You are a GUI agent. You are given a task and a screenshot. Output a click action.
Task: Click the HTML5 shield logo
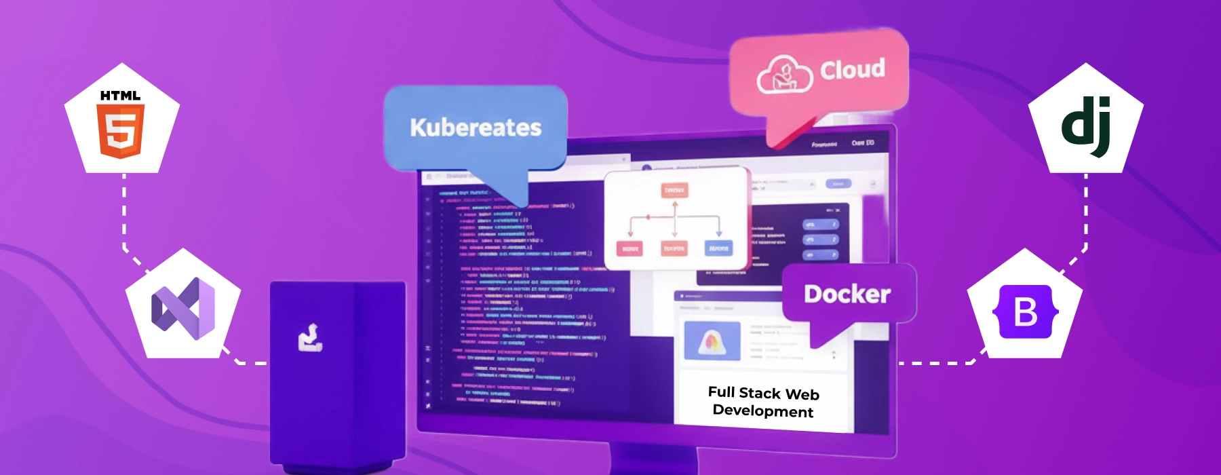[x=121, y=132]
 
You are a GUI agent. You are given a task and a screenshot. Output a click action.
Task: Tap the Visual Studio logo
[x=183, y=309]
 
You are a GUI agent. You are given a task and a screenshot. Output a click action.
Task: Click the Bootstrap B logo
[x=1025, y=312]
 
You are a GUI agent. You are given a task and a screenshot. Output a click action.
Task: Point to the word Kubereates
[x=476, y=128]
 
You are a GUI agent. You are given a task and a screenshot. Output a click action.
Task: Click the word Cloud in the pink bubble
[x=853, y=69]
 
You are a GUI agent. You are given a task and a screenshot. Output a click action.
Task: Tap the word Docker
[x=847, y=294]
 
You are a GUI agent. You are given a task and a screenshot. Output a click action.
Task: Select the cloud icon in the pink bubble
[x=784, y=75]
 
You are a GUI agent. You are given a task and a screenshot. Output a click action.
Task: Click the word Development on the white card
[x=763, y=411]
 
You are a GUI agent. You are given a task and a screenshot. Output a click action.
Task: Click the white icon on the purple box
[x=310, y=338]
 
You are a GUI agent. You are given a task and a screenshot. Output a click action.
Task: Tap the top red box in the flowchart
[x=674, y=190]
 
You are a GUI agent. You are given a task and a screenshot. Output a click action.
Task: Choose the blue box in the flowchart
[x=718, y=248]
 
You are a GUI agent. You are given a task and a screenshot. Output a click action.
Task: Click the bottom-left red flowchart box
[x=629, y=249]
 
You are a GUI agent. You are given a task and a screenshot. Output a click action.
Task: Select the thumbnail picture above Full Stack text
[x=712, y=340]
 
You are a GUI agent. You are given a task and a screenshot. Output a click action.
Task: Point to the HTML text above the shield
[x=121, y=96]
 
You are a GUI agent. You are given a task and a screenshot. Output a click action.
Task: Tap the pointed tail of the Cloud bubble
[x=780, y=139]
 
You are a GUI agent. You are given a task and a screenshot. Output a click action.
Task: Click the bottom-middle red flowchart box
[x=674, y=249]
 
